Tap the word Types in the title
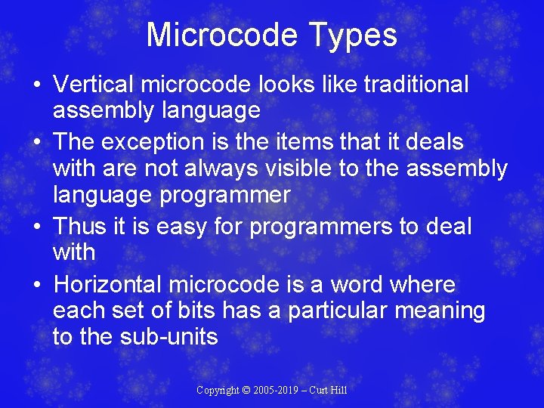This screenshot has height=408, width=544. click(x=357, y=35)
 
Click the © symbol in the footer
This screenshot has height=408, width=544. click(x=245, y=390)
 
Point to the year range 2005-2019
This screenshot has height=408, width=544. click(x=276, y=390)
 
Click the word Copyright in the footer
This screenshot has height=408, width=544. click(x=216, y=390)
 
